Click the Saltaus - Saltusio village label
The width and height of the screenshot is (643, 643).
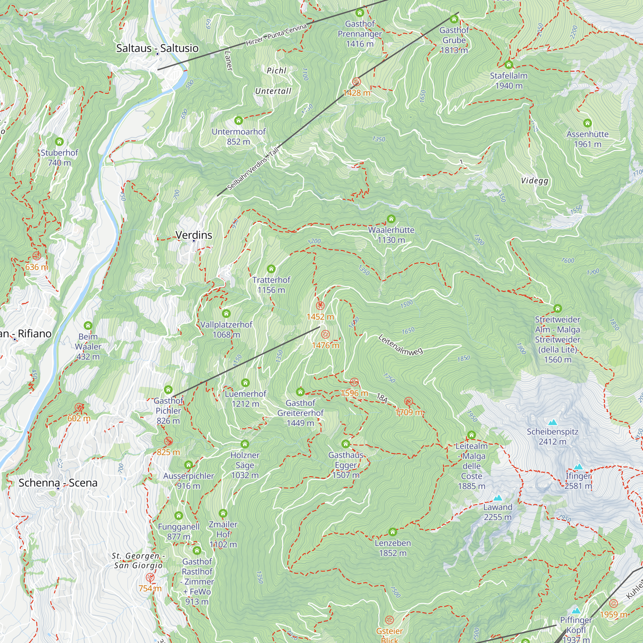tap(157, 48)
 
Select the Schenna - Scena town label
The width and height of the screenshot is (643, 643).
tap(58, 483)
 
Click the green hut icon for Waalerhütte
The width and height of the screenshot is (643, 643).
tap(391, 219)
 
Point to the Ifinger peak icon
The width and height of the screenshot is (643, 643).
tap(578, 466)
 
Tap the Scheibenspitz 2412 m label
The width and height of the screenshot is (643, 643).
tap(552, 436)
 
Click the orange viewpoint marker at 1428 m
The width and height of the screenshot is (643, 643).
tap(357, 82)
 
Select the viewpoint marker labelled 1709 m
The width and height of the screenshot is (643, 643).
tap(408, 401)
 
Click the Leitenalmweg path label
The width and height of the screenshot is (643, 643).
tap(400, 345)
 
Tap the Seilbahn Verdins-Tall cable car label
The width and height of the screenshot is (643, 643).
tap(253, 169)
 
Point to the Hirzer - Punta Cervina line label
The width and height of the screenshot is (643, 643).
tap(276, 35)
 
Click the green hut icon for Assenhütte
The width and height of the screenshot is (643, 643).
tap(587, 123)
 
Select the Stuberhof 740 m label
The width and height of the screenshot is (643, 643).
tap(59, 158)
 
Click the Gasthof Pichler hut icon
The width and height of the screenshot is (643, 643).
tap(168, 389)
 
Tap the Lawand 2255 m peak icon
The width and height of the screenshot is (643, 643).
tap(498, 498)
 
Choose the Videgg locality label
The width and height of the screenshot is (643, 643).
tap(535, 181)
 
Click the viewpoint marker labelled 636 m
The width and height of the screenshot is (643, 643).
tap(37, 256)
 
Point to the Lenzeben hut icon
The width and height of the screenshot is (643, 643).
tap(393, 532)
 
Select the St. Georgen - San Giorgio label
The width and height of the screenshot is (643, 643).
tap(138, 560)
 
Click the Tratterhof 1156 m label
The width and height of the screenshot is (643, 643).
tap(271, 285)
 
